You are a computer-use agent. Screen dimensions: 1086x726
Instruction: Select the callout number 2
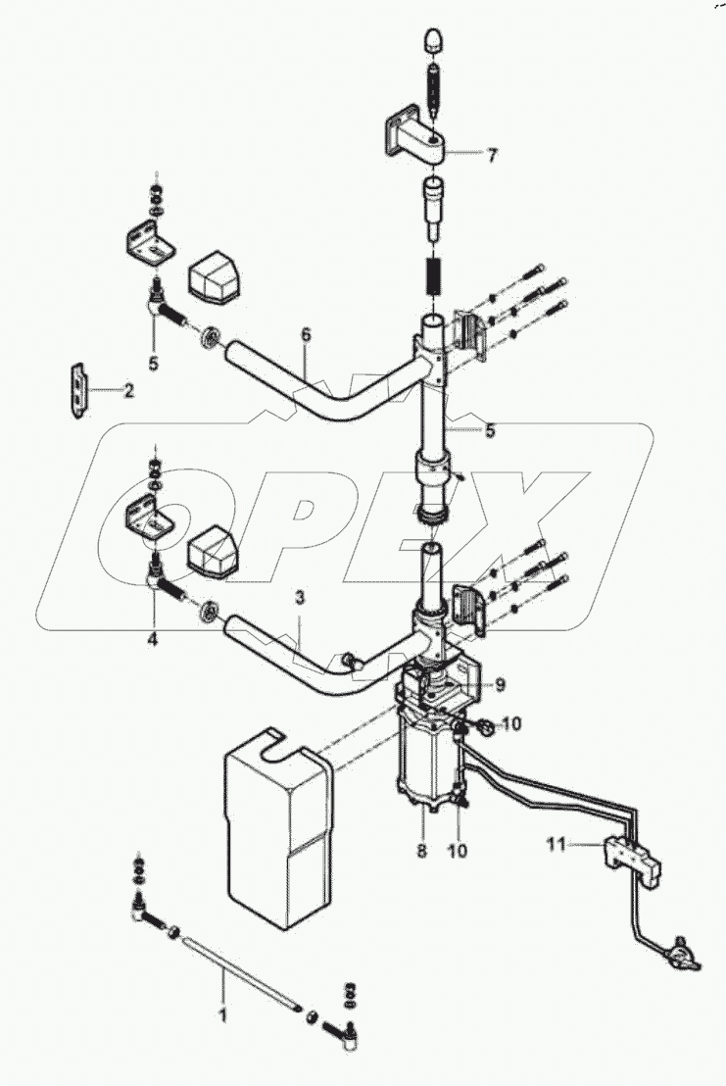point(127,390)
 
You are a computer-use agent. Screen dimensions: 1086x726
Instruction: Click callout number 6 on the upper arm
point(306,336)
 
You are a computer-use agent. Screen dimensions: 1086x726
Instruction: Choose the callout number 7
point(492,154)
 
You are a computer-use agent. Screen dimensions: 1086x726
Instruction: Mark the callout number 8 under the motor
point(422,851)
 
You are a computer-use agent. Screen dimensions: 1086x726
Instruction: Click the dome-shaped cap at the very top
point(432,42)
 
